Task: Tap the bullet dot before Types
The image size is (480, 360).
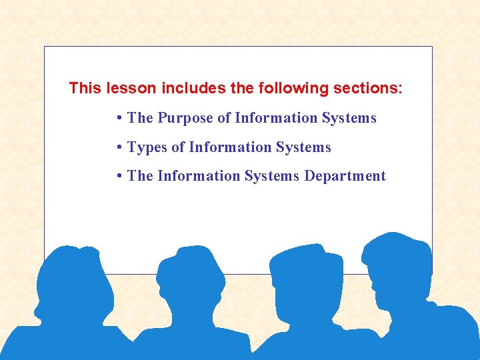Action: pyautogui.click(x=117, y=147)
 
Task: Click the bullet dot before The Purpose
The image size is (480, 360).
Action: pyautogui.click(x=117, y=118)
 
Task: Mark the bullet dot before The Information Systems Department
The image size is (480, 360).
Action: pyautogui.click(x=117, y=176)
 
